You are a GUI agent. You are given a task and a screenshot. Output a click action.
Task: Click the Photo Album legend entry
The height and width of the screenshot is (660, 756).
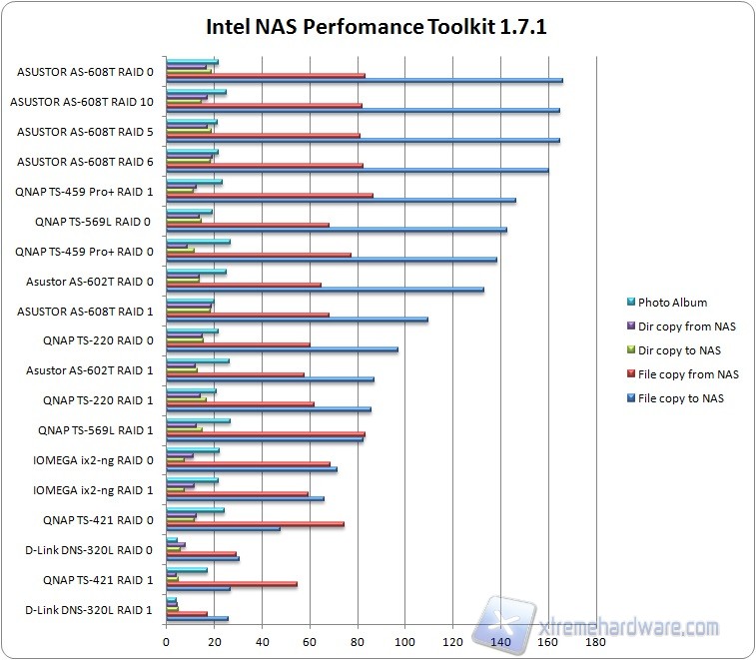672,303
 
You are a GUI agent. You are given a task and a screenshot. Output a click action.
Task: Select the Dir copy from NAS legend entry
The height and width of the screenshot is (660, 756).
686,327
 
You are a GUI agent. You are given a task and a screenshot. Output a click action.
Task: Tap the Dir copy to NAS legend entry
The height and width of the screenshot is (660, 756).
679,350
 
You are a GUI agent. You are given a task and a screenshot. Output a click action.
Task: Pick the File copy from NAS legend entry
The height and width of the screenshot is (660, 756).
688,374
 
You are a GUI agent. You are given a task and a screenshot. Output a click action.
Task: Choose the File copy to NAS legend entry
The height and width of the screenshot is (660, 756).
681,398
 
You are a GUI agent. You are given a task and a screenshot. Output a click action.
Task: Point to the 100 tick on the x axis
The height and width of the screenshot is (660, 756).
404,642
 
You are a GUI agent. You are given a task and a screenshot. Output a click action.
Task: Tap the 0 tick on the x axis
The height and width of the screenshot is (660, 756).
166,642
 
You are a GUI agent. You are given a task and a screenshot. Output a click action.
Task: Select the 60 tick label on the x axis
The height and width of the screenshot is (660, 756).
310,642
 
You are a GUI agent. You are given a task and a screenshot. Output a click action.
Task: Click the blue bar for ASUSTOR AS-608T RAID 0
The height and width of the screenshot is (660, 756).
365,81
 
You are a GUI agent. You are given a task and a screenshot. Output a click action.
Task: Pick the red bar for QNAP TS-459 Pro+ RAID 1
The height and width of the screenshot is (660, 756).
270,196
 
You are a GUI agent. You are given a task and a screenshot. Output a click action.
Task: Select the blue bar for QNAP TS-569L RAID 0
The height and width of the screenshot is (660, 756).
337,230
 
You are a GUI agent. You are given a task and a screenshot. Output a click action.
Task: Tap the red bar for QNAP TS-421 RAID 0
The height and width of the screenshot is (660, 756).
255,523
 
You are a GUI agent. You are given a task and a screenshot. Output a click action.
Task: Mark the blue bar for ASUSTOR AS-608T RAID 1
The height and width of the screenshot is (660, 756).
297,320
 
